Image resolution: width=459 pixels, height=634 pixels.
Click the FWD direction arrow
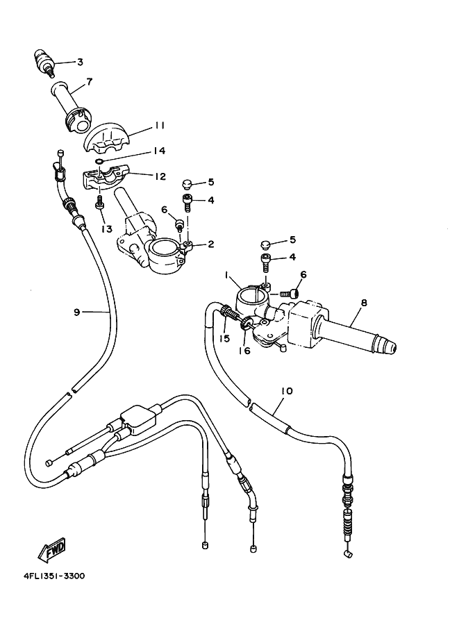point(51,549)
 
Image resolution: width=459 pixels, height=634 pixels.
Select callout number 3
point(80,62)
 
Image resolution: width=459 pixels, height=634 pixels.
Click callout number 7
point(89,81)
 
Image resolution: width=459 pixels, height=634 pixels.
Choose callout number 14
point(160,151)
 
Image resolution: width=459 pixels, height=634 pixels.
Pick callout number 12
point(160,176)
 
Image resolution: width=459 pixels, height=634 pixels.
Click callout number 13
point(107,229)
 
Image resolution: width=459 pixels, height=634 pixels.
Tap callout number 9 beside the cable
point(77,312)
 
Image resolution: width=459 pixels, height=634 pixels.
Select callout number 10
point(287,391)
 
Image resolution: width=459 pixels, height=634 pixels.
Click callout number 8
point(364,303)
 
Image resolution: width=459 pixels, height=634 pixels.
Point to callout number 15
point(224,338)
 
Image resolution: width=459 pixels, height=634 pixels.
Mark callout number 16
point(244,351)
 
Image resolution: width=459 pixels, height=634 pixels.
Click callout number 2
point(210,244)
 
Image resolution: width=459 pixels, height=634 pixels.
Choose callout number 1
point(227,275)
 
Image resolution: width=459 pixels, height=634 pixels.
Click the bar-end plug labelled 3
point(44,61)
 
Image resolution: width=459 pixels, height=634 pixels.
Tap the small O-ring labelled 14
point(99,162)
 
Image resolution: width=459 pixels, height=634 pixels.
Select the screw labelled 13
point(99,203)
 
